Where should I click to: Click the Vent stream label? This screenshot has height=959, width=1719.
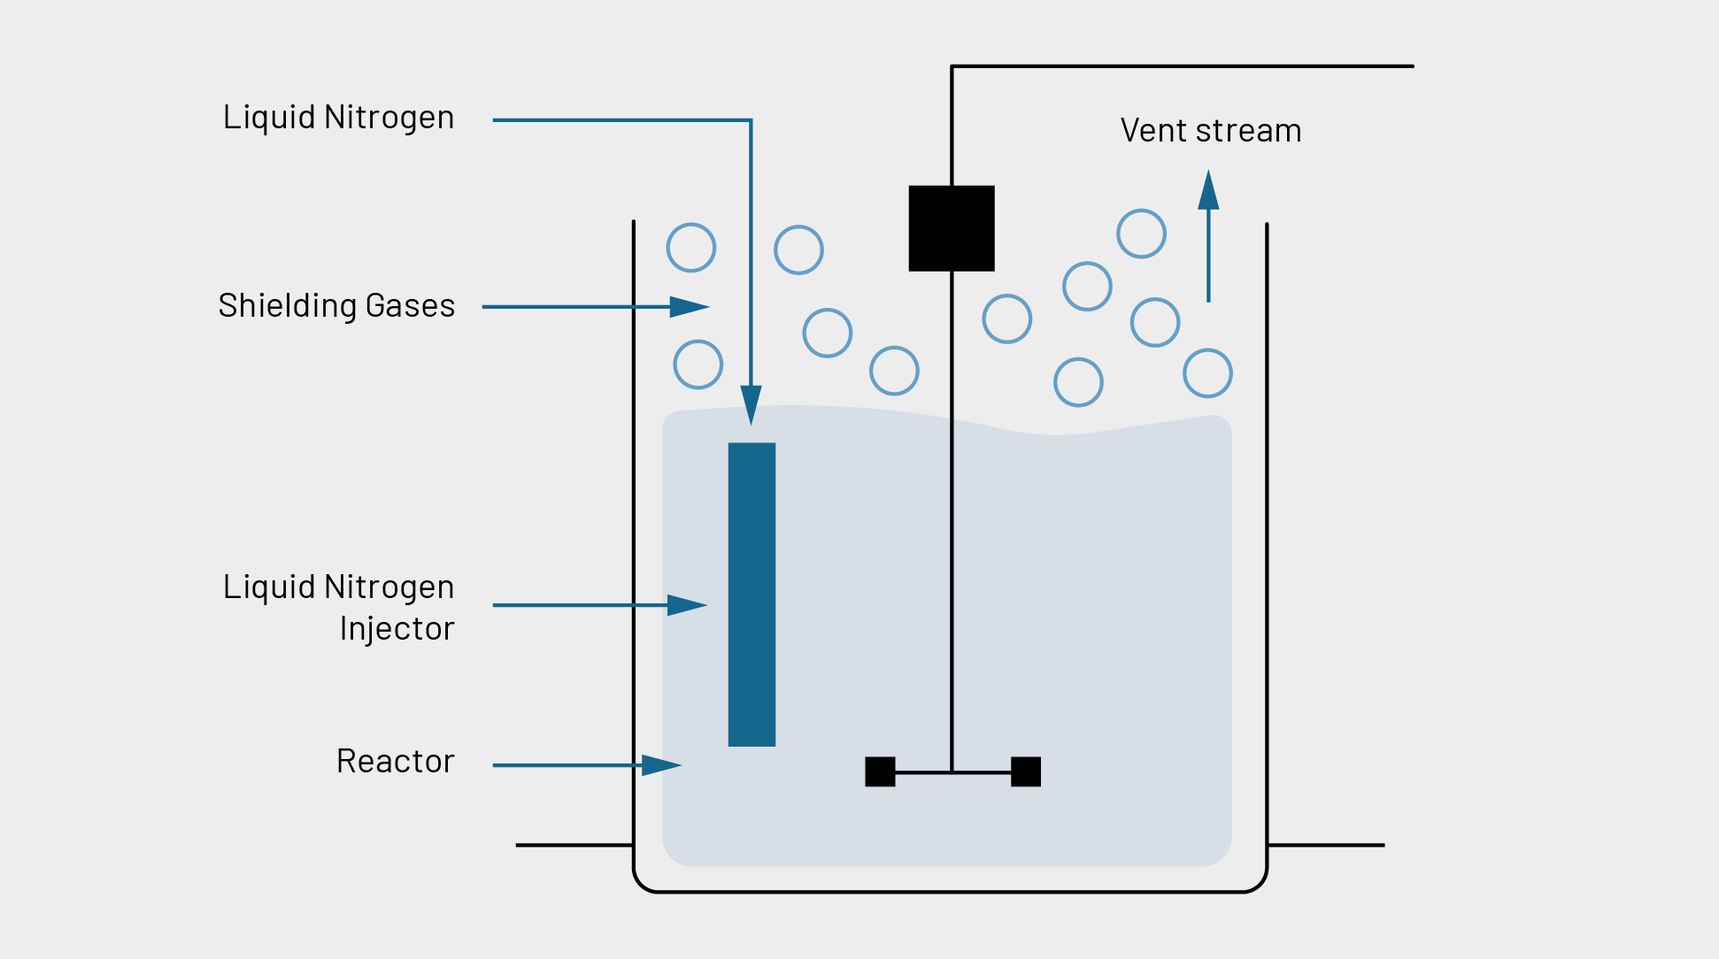tap(1210, 131)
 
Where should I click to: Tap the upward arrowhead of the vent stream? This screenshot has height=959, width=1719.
tap(1208, 189)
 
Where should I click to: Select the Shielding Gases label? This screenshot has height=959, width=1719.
tap(336, 306)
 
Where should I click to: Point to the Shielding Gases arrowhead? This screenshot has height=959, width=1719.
tap(690, 307)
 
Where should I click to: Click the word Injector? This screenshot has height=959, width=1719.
tap(397, 629)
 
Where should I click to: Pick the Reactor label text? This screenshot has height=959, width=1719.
tap(395, 762)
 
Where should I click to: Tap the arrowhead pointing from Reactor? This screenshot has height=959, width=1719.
tap(661, 765)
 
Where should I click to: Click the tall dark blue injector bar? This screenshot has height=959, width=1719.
tap(752, 594)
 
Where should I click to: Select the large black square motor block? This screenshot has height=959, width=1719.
tap(952, 228)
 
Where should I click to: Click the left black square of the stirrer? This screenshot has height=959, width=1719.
tap(880, 771)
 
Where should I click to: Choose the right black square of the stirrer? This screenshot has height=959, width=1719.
tap(1026, 771)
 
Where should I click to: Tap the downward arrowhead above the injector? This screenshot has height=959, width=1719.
tap(751, 405)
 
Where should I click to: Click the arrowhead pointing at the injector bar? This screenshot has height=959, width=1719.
tap(687, 605)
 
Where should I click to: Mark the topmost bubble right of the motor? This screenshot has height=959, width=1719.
tap(1141, 234)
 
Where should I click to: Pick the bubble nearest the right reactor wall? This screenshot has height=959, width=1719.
tap(1207, 373)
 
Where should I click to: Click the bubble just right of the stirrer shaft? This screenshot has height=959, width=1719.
tap(1007, 318)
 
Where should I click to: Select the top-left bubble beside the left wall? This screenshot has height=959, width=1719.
tap(691, 248)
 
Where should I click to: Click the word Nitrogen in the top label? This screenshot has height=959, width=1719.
tap(389, 118)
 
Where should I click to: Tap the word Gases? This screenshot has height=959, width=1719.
tap(410, 306)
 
